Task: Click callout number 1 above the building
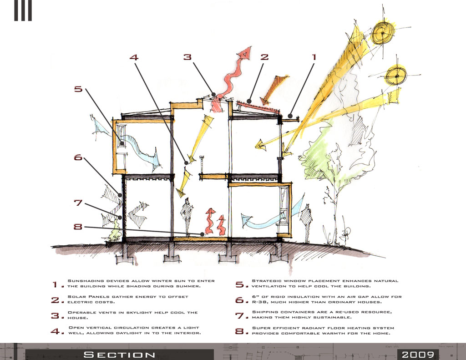coord(313,57)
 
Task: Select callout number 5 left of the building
coord(79,89)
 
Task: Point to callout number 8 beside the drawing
coord(79,226)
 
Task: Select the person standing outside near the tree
coord(306,219)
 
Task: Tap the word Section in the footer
coord(120,355)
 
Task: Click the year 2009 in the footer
coord(418,355)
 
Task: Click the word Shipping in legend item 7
coord(266,312)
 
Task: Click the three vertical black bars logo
coord(23,10)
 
